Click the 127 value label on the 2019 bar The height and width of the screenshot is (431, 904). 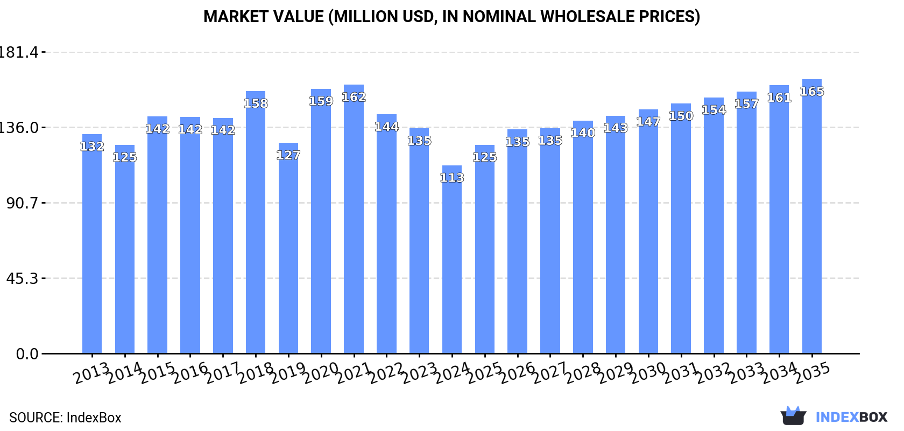[288, 155]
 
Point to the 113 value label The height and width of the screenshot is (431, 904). [452, 178]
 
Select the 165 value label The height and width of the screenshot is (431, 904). [812, 92]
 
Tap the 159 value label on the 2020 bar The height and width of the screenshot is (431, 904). [321, 101]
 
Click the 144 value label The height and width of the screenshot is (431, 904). [386, 127]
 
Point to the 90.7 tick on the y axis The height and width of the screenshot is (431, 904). [22, 203]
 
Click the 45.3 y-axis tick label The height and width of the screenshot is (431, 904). [22, 279]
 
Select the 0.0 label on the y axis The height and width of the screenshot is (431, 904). [27, 354]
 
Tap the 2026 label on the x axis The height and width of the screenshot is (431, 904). [517, 372]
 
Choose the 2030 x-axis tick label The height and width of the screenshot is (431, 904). [648, 372]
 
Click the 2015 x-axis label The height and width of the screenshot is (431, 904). [157, 372]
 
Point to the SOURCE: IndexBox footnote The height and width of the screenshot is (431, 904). [65, 418]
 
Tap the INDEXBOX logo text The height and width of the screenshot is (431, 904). [851, 417]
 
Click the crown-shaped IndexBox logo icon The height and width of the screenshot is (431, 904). [793, 416]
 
